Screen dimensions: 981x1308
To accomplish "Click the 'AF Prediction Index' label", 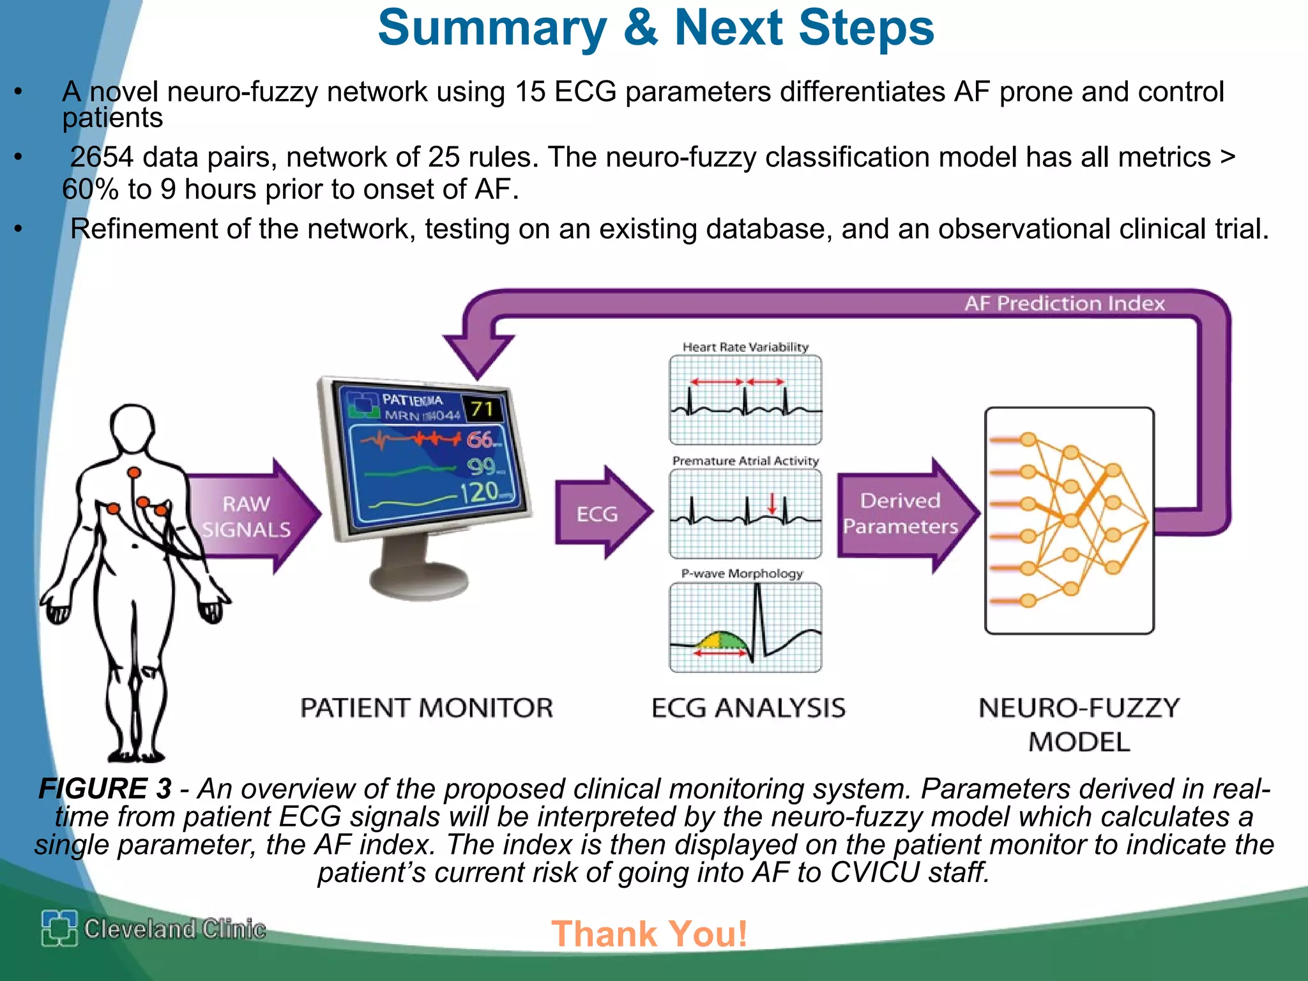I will tap(1064, 303).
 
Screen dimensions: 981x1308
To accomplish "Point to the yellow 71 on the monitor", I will tap(483, 409).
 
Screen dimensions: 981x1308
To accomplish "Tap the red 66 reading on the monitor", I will tap(480, 439).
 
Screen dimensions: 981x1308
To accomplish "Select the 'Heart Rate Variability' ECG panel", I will tap(745, 400).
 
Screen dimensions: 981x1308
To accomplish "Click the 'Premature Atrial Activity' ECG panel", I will tap(745, 513).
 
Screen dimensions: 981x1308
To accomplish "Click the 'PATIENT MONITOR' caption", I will tap(427, 708).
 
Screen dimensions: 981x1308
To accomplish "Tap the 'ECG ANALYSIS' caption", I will tap(748, 708).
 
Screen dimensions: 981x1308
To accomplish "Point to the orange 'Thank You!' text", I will tap(649, 934).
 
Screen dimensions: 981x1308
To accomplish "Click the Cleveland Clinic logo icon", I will tap(59, 928).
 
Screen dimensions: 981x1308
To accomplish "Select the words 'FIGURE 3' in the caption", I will tap(105, 789).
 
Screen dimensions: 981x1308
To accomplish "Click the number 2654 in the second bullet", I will tap(102, 157).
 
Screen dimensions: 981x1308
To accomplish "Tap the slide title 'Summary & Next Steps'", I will tap(655, 28).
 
